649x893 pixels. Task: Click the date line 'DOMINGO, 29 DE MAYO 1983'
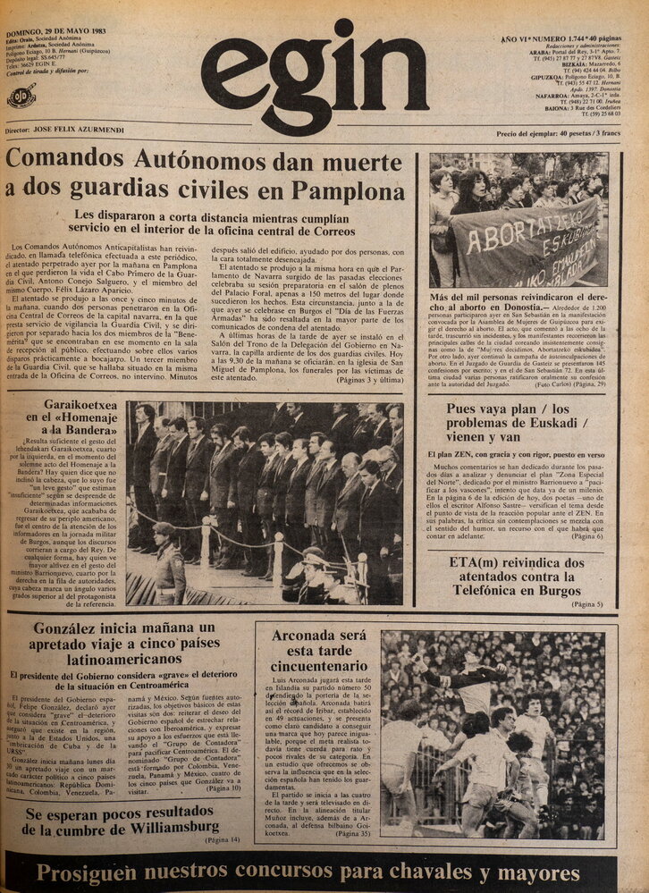pyautogui.click(x=55, y=31)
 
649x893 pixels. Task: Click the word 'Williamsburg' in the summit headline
pyautogui.click(x=162, y=827)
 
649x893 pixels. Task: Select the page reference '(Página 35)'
pyautogui.click(x=351, y=833)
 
